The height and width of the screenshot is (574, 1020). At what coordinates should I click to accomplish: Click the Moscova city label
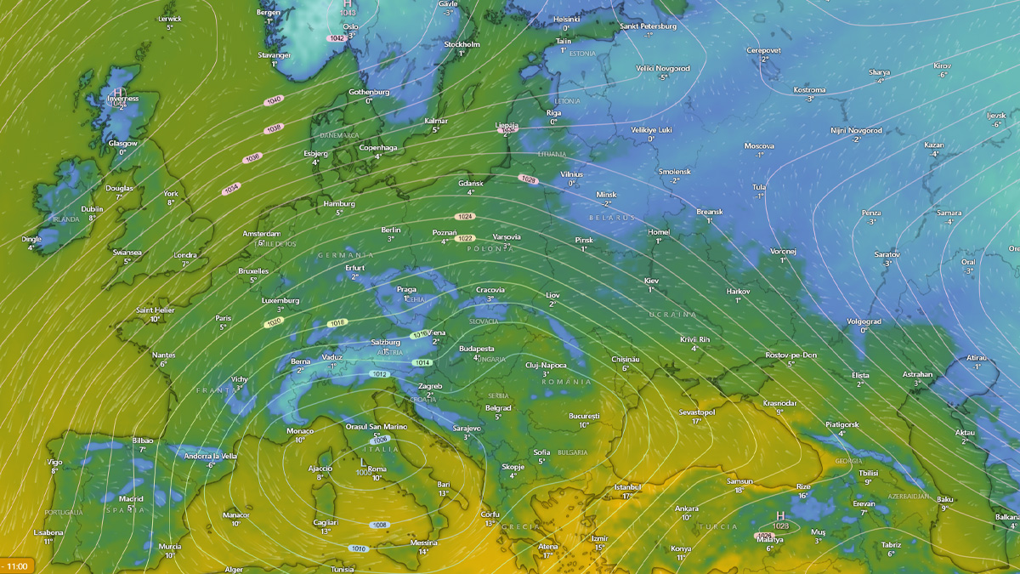pyautogui.click(x=759, y=146)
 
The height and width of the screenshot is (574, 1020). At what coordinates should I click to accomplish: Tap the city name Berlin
pyautogui.click(x=391, y=230)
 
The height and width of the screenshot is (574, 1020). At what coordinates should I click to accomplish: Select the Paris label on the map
pyautogui.click(x=224, y=317)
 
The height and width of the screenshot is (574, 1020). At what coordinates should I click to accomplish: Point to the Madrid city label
pyautogui.click(x=131, y=499)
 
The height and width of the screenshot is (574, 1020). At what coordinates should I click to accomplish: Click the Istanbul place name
pyautogui.click(x=627, y=486)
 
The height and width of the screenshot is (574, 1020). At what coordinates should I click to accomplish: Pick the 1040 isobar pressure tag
pyautogui.click(x=274, y=100)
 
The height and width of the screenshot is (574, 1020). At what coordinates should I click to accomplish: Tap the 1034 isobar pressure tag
pyautogui.click(x=232, y=189)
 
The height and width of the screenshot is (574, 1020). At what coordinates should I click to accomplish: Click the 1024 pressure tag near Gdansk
pyautogui.click(x=464, y=217)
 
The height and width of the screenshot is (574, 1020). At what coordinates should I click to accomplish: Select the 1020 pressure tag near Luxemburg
pyautogui.click(x=273, y=323)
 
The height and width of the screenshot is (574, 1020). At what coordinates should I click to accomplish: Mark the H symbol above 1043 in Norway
pyautogui.click(x=347, y=3)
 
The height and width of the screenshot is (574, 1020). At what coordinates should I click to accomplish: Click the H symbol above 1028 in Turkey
pyautogui.click(x=780, y=515)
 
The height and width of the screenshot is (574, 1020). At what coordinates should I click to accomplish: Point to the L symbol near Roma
pyautogui.click(x=363, y=462)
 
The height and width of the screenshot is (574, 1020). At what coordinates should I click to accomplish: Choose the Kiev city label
pyautogui.click(x=651, y=281)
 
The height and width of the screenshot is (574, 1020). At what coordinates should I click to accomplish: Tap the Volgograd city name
pyautogui.click(x=864, y=321)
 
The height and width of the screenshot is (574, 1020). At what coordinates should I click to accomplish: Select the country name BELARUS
pyautogui.click(x=613, y=219)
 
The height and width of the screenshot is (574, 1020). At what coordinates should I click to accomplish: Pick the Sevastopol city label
pyautogui.click(x=696, y=412)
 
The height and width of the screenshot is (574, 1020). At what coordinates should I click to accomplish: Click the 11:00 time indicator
pyautogui.click(x=16, y=565)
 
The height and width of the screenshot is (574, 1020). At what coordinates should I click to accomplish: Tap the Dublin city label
pyautogui.click(x=92, y=208)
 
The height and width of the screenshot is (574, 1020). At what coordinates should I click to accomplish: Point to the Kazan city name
pyautogui.click(x=934, y=145)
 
